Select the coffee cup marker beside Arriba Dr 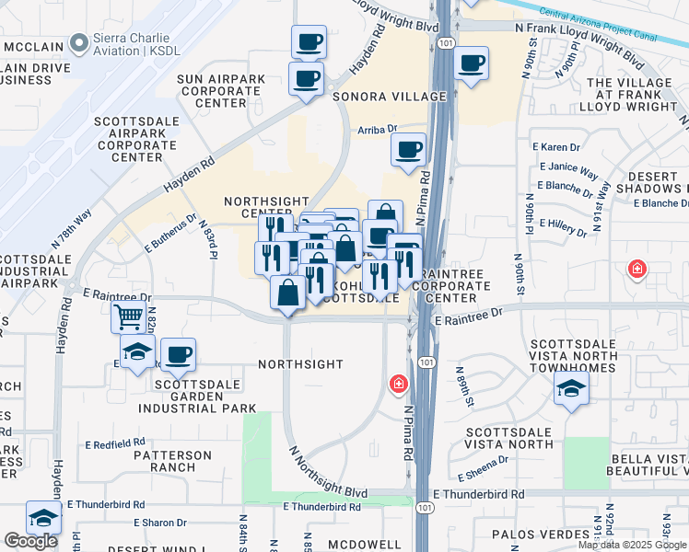[x=408, y=150]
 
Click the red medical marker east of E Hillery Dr [x=636, y=269]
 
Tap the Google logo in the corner [x=30, y=541]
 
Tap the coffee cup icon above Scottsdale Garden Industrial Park [x=178, y=354]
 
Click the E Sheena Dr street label [x=483, y=468]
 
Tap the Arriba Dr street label [x=377, y=131]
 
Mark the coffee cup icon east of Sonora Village [x=472, y=63]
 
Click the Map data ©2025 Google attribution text [x=632, y=545]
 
